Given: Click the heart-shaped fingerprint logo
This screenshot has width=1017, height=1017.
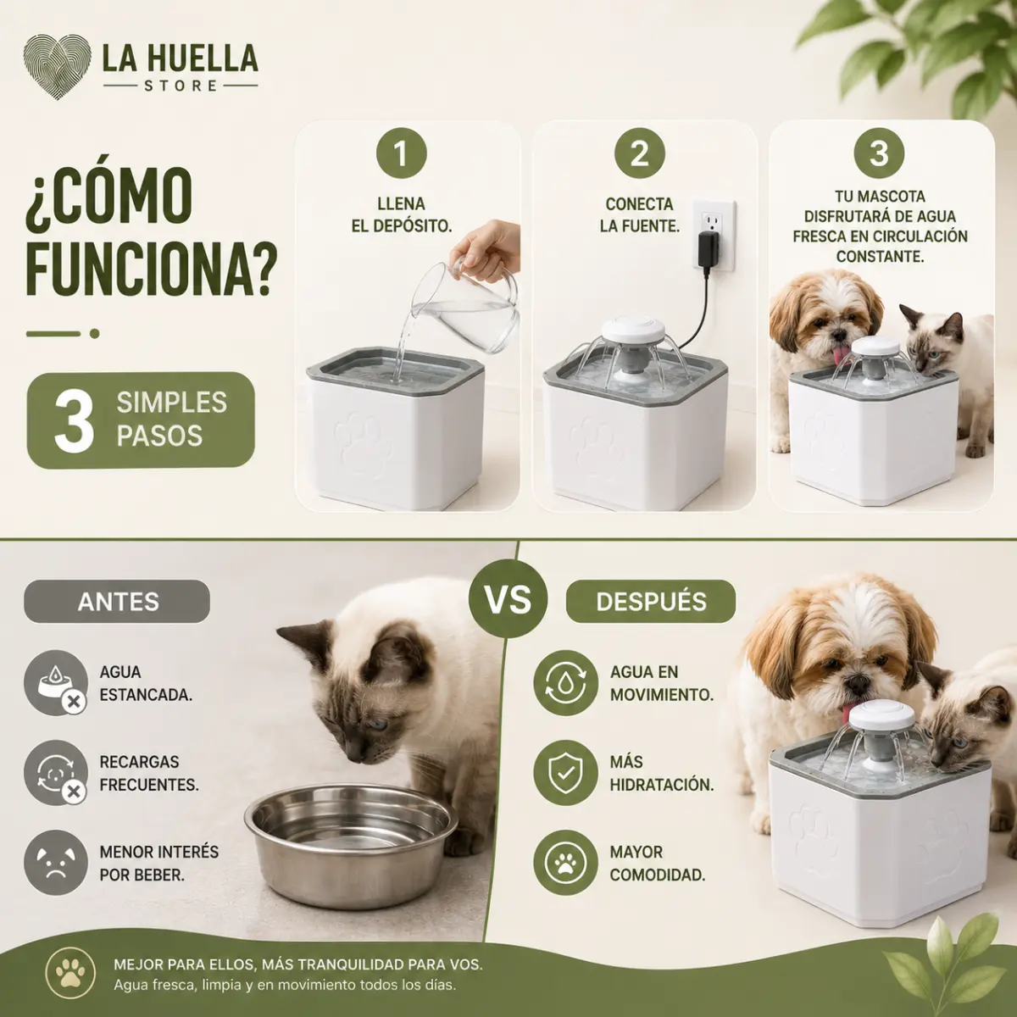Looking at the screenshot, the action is [x=58, y=66].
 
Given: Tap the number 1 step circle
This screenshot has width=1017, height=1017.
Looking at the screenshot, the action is [x=401, y=153].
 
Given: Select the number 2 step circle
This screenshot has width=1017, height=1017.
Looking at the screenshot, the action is [x=640, y=153].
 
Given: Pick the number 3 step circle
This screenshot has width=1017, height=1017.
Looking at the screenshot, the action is [x=879, y=153].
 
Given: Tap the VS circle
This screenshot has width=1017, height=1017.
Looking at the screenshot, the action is [x=508, y=599].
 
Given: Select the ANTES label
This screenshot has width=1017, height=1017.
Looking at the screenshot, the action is [x=117, y=602].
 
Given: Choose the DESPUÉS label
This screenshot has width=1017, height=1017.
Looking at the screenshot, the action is [x=651, y=602].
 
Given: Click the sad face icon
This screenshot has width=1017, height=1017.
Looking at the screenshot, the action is [x=56, y=863].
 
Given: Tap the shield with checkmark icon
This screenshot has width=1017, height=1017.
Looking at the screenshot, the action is [x=566, y=773].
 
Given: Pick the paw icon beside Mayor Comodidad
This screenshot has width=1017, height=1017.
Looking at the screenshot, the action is [x=566, y=863].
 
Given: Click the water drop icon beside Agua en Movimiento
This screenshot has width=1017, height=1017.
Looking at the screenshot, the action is [x=566, y=683].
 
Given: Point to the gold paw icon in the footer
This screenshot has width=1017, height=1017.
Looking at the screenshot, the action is [x=70, y=973].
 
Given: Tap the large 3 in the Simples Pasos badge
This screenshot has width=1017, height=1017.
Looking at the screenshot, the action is [x=74, y=421].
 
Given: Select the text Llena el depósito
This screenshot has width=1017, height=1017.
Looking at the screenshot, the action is [x=402, y=214].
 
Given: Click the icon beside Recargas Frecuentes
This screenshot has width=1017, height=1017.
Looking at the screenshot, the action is [x=56, y=773].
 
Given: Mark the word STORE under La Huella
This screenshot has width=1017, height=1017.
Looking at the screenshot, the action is [x=181, y=86].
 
